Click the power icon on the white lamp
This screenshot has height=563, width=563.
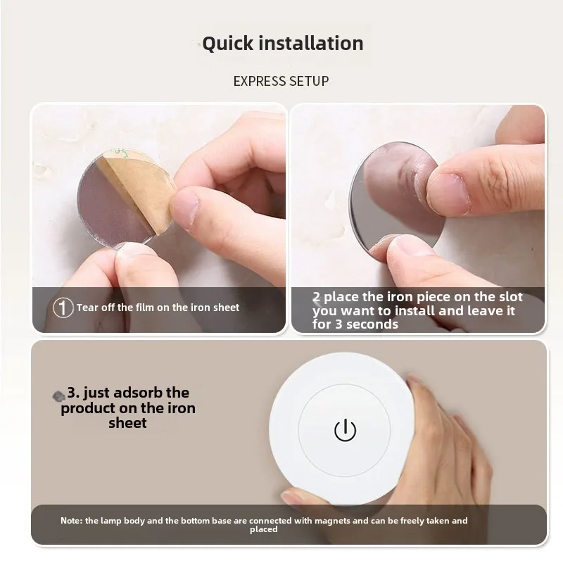345,430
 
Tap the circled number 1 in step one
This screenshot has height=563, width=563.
63,308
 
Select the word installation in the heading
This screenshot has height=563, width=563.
311,44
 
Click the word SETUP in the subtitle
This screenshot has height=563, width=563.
310,81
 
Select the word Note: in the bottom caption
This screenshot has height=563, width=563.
71,521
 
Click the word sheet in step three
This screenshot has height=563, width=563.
127,423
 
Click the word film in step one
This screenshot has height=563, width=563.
148,308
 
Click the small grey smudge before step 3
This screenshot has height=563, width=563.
59,396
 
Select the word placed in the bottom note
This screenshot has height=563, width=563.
263,529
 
